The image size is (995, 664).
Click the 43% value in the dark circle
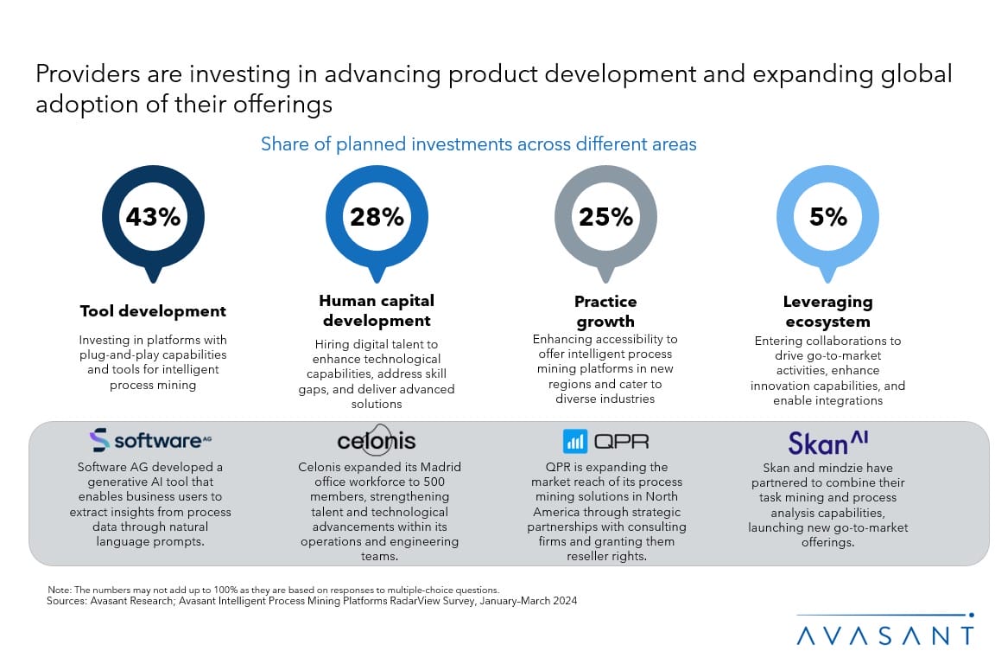153,216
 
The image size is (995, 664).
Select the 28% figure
377,216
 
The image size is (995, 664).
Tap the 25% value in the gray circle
605,216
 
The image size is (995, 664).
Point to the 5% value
828,216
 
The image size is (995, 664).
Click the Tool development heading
153,311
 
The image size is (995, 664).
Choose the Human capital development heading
377,310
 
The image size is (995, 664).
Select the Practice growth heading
605,310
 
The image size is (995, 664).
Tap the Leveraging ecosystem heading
828,310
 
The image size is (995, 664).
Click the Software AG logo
151,441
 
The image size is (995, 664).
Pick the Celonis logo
377,441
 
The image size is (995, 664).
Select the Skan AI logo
827,443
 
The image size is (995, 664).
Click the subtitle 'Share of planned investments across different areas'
478,144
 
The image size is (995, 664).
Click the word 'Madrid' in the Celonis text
437,467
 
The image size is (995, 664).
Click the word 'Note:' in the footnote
60,590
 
